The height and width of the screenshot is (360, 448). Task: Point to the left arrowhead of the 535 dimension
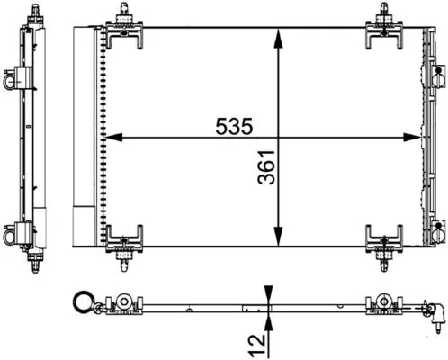tap(112, 138)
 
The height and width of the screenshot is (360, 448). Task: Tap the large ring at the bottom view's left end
tap(84, 303)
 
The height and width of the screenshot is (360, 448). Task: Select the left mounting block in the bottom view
tap(123, 303)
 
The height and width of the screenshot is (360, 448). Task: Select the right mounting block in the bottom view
tap(383, 303)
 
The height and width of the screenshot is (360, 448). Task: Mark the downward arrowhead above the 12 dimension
tap(268, 292)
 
